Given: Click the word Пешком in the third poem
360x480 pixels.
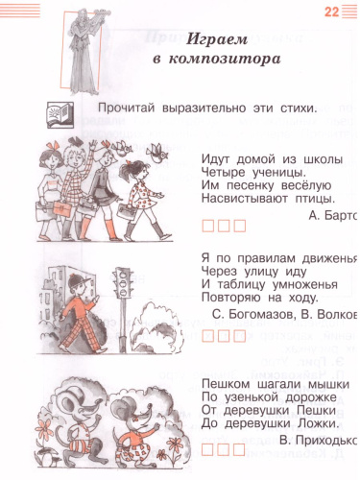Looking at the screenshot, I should click(x=227, y=382).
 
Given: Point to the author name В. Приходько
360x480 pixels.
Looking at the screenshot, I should click(x=321, y=441).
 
